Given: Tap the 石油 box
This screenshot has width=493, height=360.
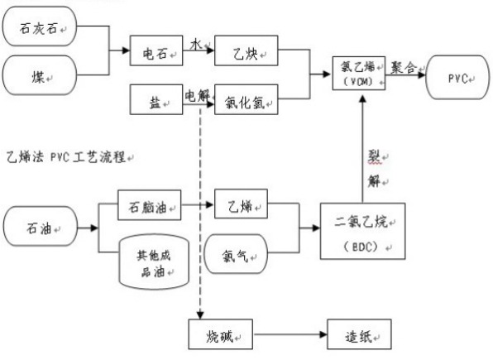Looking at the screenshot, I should [x=41, y=226].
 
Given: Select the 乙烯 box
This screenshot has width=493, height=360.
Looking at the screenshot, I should [x=245, y=205].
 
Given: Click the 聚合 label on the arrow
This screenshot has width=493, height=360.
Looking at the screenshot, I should [x=405, y=69].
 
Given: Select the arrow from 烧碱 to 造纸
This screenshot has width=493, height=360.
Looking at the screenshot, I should [x=290, y=336].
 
